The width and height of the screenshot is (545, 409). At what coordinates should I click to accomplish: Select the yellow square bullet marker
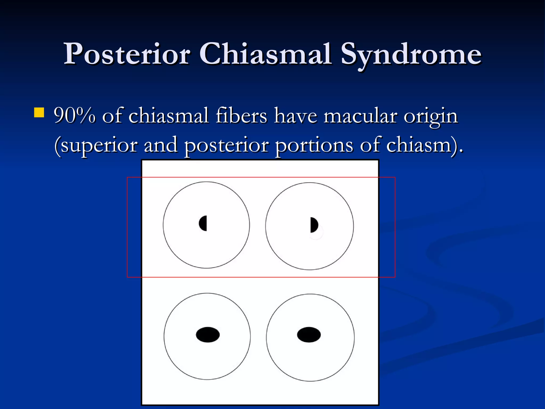coord(39,113)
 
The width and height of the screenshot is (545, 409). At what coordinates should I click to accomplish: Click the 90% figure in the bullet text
coord(75,116)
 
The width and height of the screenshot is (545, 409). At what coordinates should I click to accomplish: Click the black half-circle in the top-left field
coord(203,223)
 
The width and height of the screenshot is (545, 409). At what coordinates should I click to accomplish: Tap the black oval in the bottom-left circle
coord(208,334)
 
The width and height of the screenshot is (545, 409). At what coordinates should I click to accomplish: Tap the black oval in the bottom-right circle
coord(309,334)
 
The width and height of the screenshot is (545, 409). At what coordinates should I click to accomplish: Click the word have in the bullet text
coord(296,116)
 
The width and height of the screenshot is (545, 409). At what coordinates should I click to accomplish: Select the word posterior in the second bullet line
coord(226,146)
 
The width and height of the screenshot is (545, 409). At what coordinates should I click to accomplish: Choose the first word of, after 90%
coord(112,116)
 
